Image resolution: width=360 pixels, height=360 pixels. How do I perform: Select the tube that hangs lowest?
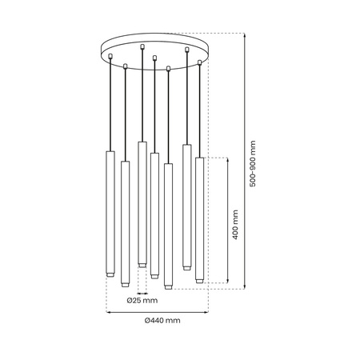pyautogui.click(x=168, y=224)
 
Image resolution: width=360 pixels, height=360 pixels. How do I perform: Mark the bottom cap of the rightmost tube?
pyautogui.click(x=199, y=279)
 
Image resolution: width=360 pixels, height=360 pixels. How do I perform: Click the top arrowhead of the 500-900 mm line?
pyautogui.click(x=244, y=35)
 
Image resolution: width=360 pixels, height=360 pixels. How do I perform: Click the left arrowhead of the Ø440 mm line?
pyautogui.click(x=108, y=310)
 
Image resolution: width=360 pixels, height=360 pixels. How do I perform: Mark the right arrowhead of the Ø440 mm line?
pyautogui.click(x=207, y=310)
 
